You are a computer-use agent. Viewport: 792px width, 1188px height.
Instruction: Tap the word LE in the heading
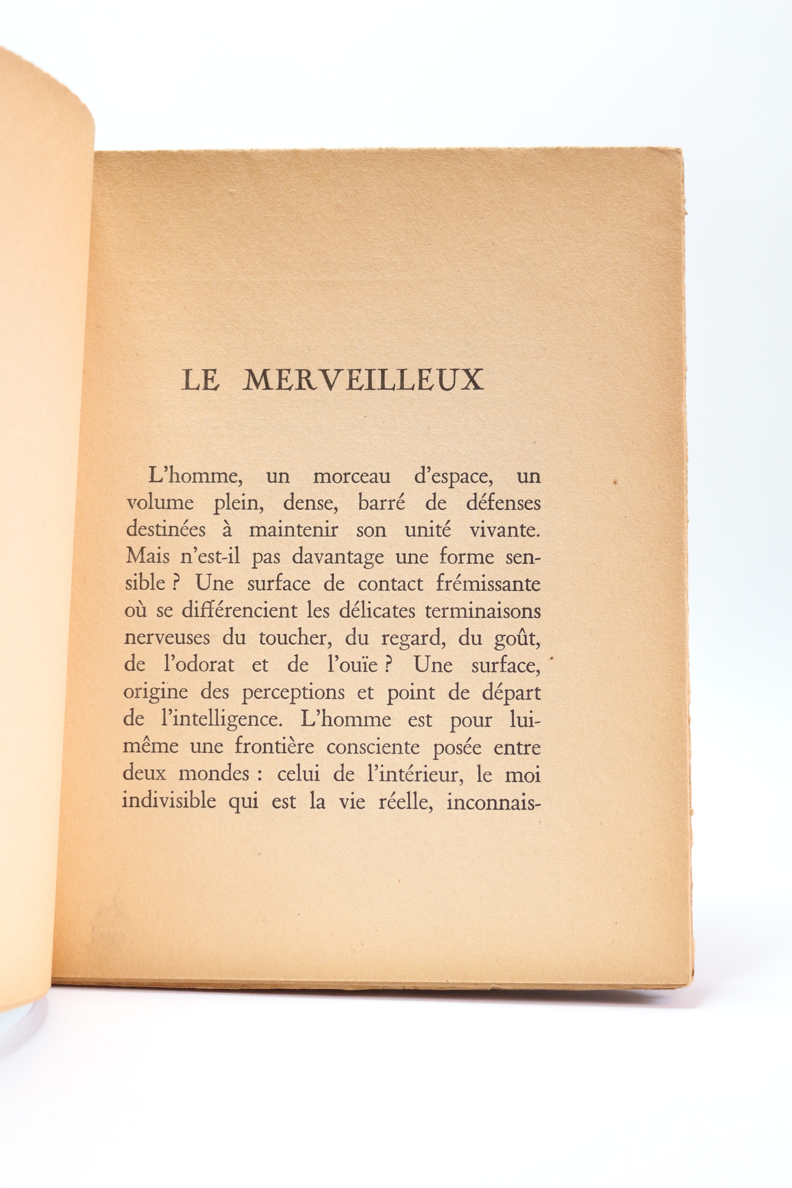200,380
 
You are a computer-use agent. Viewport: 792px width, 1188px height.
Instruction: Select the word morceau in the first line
352,477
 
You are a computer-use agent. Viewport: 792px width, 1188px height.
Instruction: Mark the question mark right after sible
174,584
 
